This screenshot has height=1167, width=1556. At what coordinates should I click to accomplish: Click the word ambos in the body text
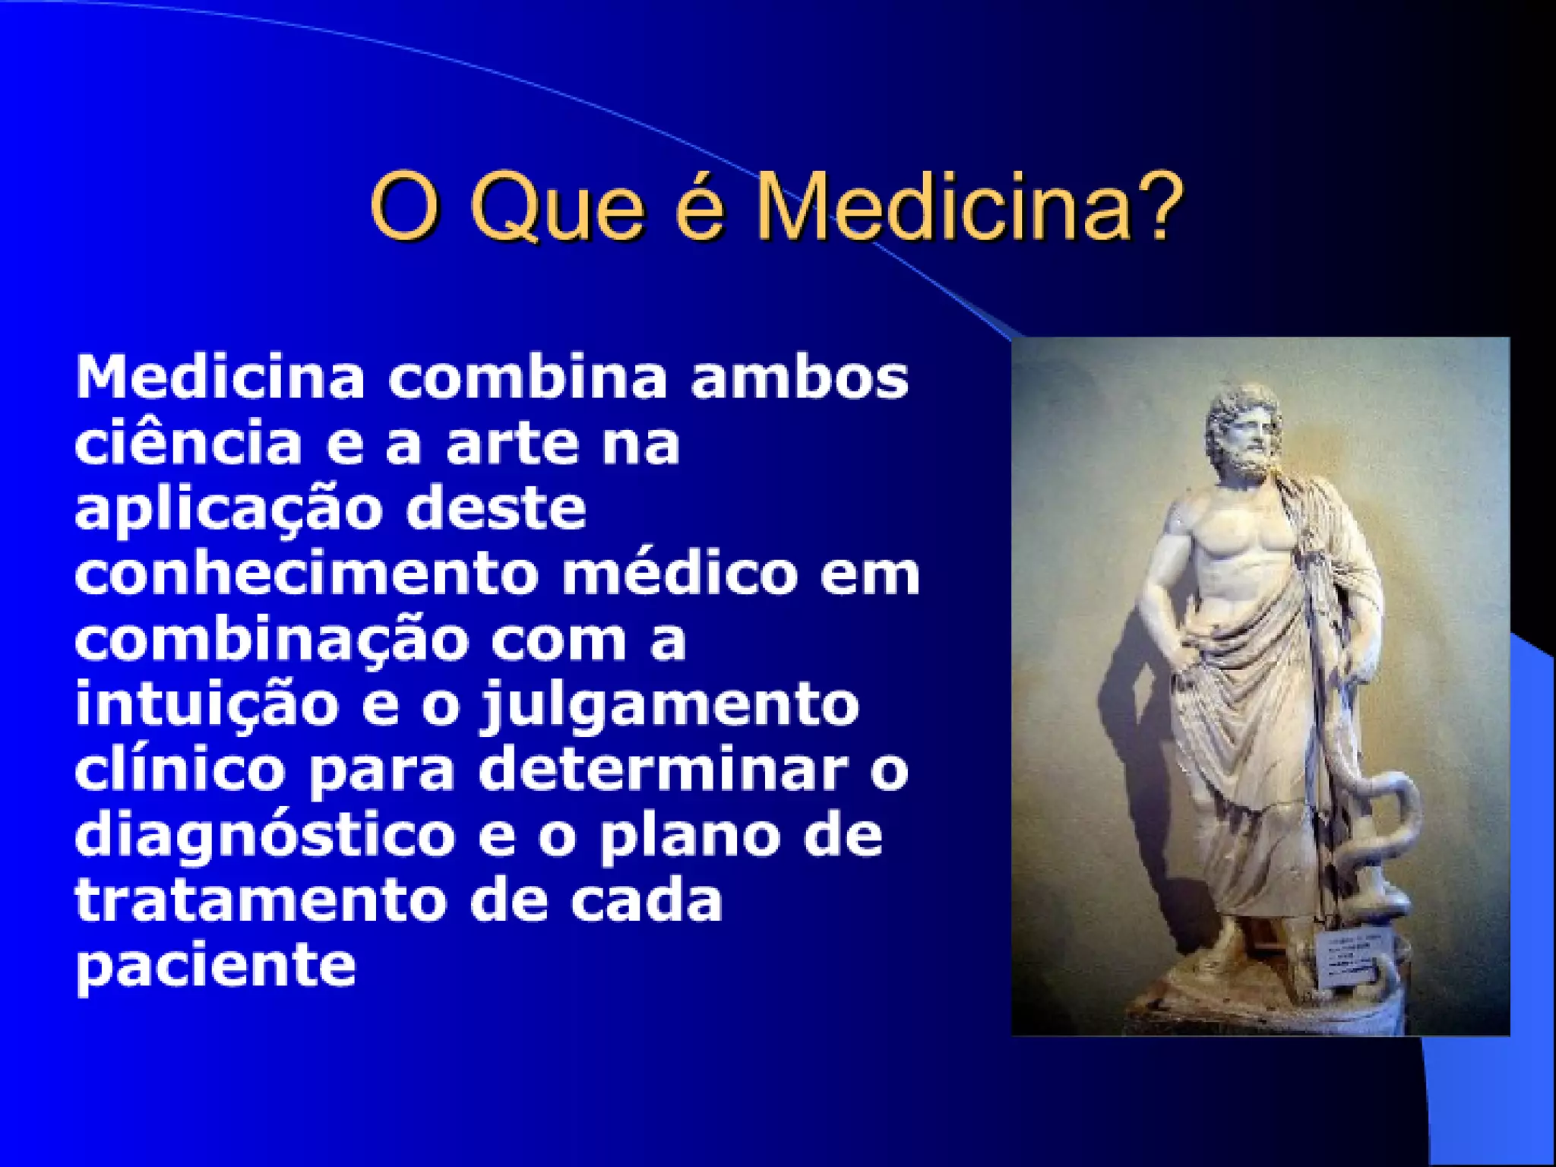[799, 378]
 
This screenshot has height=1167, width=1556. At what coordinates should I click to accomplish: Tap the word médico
[679, 574]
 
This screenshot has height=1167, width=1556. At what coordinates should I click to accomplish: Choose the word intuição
[207, 705]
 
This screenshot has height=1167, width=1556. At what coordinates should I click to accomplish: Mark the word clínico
[180, 770]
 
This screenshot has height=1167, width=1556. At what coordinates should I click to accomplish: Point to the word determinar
[663, 770]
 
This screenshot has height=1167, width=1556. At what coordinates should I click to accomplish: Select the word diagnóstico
[265, 837]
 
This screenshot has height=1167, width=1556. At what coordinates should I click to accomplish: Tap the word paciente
[216, 966]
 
